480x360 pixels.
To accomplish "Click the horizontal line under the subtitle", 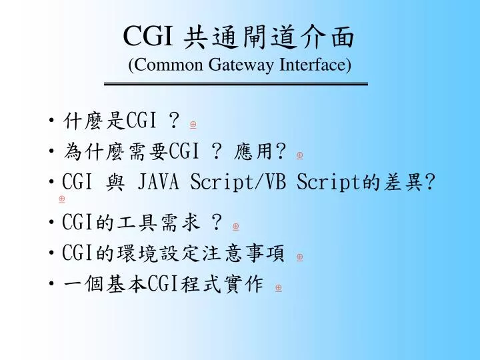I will coord(237,85).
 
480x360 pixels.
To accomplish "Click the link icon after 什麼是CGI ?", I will coord(193,124).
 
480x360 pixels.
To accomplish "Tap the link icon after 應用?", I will coord(299,155).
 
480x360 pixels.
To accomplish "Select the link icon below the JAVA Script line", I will coord(62,199).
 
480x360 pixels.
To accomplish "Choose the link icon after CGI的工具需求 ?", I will coord(236,227).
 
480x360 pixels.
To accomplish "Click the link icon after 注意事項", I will coord(299,257).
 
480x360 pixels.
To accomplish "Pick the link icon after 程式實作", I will coord(278,287).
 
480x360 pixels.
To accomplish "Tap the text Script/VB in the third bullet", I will coord(237,182).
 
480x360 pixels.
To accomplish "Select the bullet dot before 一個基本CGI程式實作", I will coord(52,285).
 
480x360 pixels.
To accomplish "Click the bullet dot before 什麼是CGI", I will coord(52,121).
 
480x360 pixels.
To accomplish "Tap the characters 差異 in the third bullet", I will coord(407,182).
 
